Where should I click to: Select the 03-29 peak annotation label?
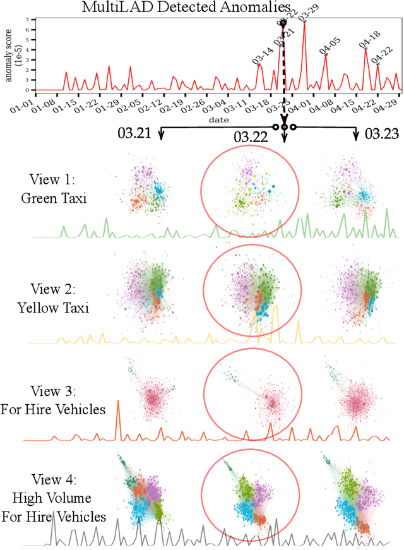(309, 12)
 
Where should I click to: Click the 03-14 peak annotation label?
(263, 54)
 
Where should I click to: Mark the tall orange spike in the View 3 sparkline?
(117, 419)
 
